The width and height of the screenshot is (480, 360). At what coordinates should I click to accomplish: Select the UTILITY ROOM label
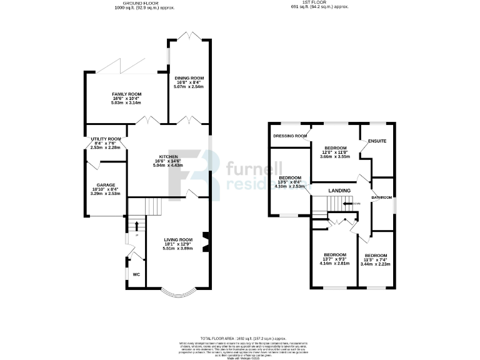[106, 139]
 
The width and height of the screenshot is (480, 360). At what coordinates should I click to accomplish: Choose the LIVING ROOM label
[178, 239]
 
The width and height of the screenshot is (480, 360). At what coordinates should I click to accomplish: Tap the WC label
[136, 274]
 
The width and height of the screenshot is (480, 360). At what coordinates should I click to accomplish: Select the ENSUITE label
[377, 141]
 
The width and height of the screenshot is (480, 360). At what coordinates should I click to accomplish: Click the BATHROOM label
[381, 197]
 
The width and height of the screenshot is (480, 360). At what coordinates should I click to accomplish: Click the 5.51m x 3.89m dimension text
[178, 249]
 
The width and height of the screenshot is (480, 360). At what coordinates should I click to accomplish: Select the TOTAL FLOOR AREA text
[240, 337]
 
